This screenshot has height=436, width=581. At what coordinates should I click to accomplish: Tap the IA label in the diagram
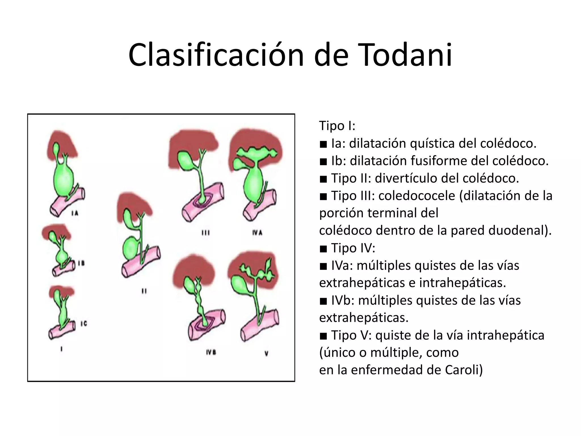[x=75, y=213]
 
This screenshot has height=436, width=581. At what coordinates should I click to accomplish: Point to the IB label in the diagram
[x=81, y=263]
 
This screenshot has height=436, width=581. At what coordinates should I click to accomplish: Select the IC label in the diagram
[x=84, y=323]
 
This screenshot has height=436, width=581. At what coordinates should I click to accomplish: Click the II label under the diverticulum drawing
[x=144, y=291]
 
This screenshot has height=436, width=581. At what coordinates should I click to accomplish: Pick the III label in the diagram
[x=205, y=233]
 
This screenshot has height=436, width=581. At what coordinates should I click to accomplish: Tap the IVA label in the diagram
[x=257, y=233]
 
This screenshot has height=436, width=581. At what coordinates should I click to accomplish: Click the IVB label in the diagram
[x=211, y=353]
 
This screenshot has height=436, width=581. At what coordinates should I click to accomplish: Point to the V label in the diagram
[x=266, y=354]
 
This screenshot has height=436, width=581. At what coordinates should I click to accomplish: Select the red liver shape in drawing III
[x=193, y=145]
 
